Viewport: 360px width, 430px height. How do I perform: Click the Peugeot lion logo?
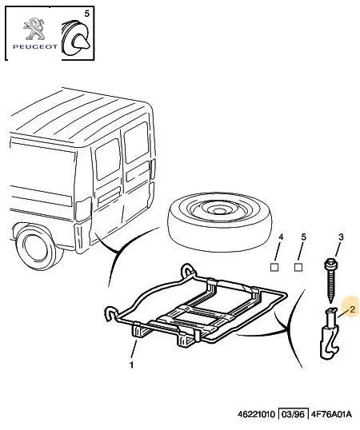tap(34, 29)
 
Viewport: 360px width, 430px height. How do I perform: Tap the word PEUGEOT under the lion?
tap(35, 46)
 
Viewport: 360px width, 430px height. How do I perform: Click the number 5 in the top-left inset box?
tap(86, 14)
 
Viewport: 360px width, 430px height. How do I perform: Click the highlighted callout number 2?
tap(352, 309)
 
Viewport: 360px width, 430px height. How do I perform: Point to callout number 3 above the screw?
tap(341, 237)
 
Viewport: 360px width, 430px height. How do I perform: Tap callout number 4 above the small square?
tap(281, 237)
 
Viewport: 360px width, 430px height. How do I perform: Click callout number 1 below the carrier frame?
tap(132, 364)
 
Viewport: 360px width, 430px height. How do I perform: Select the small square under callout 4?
tap(274, 267)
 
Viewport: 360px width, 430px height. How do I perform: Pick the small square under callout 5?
tap(298, 267)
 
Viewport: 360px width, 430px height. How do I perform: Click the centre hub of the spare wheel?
tap(218, 211)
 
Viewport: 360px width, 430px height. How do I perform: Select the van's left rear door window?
tap(108, 159)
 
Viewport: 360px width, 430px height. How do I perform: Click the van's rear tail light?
tap(83, 209)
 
